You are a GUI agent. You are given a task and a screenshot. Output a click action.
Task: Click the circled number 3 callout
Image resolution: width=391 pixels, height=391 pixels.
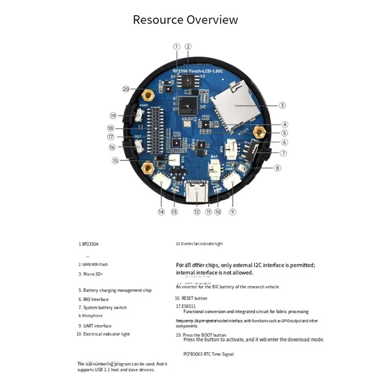pyautogui.click(x=282, y=105)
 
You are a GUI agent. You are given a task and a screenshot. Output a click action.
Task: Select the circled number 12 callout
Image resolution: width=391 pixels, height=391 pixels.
pyautogui.click(x=196, y=212)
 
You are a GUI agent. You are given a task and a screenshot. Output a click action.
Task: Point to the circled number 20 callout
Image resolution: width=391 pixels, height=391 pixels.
pyautogui.click(x=126, y=89)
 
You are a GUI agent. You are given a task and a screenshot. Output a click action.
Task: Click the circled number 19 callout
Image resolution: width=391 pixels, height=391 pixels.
pyautogui.click(x=113, y=116)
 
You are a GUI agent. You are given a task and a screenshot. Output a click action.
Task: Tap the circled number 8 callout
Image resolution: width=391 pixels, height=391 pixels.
pyautogui.click(x=278, y=168)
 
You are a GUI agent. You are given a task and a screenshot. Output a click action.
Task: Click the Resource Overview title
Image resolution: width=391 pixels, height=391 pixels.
pyautogui.click(x=186, y=20)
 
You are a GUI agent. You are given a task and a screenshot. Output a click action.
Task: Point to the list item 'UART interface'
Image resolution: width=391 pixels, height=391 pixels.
pyautogui.click(x=96, y=326)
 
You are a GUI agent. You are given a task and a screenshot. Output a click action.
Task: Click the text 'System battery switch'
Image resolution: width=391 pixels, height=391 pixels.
pyautogui.click(x=105, y=307)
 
